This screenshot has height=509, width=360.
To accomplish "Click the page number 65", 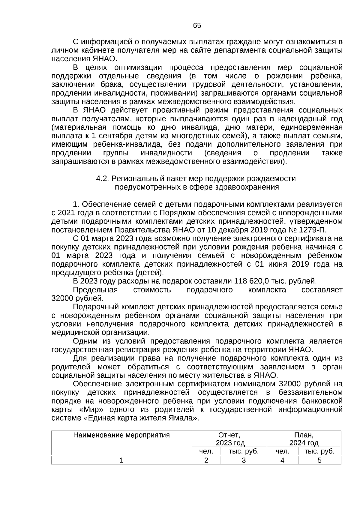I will pyautogui.click(x=197, y=25).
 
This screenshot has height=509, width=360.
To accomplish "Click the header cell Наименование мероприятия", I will pyautogui.click(x=121, y=435).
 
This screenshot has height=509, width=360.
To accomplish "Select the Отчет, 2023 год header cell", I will pyautogui.click(x=229, y=439).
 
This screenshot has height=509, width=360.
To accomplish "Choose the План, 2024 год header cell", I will pyautogui.click(x=304, y=439).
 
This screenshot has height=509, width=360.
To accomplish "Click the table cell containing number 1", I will pyautogui.click(x=121, y=460).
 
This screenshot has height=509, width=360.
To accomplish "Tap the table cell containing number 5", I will pyautogui.click(x=319, y=460).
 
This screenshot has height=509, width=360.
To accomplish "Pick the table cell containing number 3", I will pyautogui.click(x=244, y=460).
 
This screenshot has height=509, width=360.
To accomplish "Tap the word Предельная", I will pyautogui.click(x=95, y=290).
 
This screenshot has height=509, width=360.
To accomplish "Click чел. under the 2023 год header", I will pyautogui.click(x=206, y=451).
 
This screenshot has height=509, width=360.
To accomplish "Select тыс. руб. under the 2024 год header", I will pyautogui.click(x=319, y=451).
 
